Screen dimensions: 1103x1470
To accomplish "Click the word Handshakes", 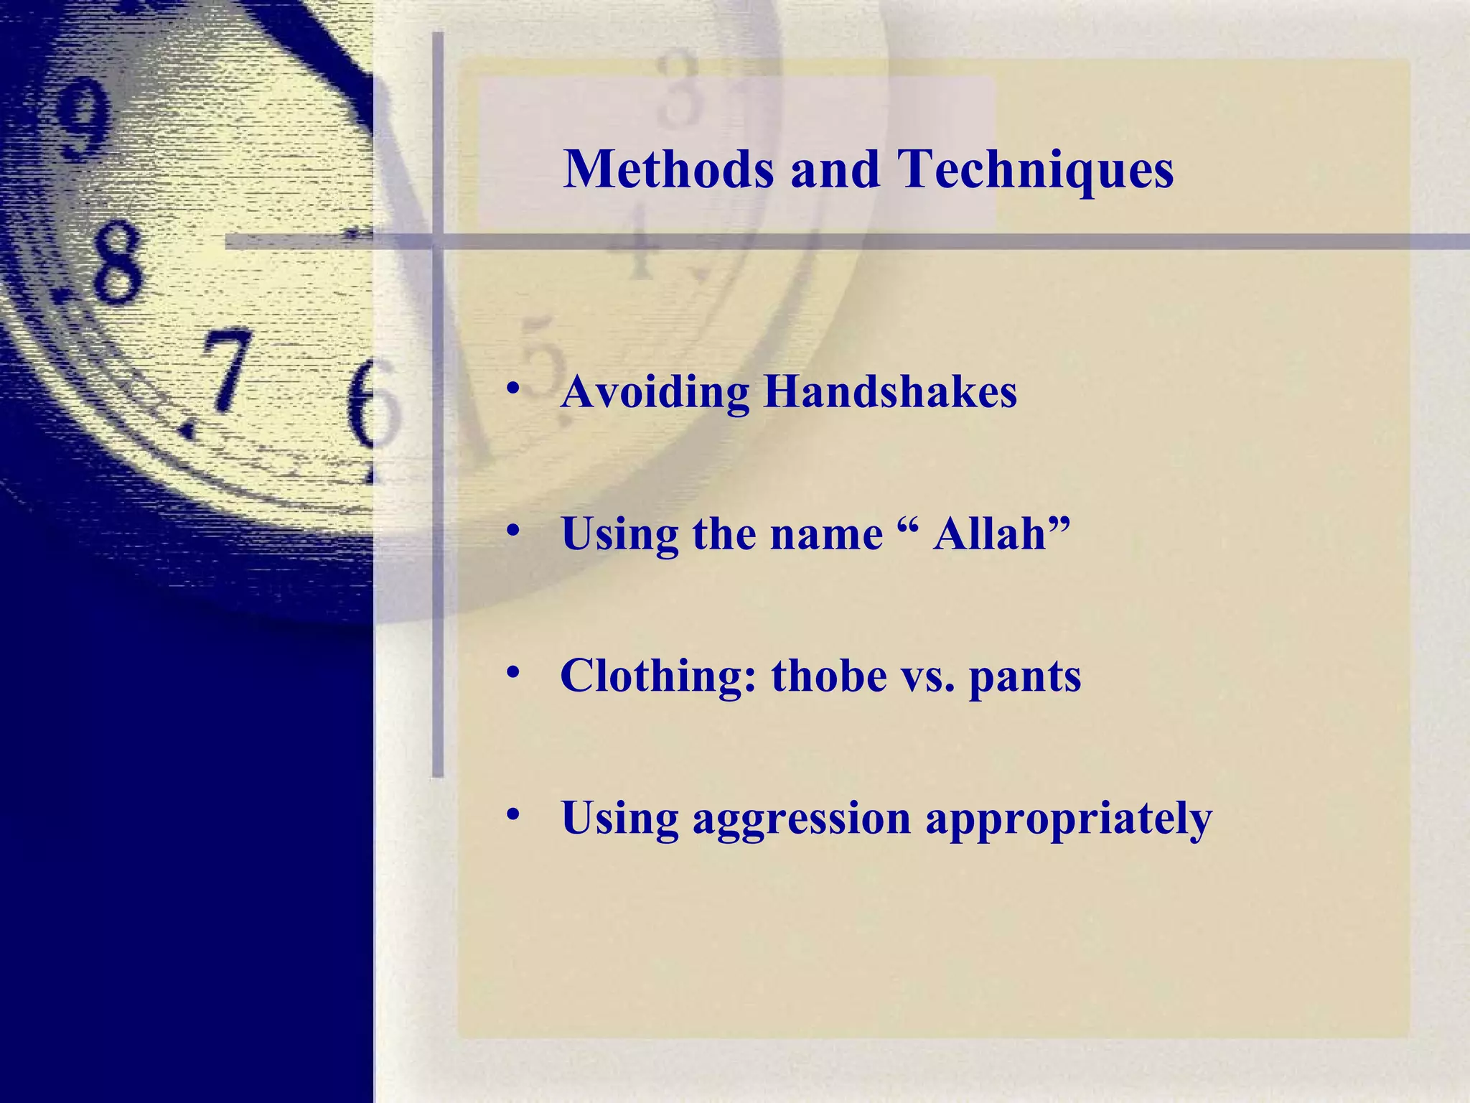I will click(890, 393).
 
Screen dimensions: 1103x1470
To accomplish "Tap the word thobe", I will click(829, 676).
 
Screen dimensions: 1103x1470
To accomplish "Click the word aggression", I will click(801, 819).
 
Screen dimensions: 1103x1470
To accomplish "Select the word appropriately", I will click(1068, 819).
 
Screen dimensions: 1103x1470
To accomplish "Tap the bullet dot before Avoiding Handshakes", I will click(512, 389).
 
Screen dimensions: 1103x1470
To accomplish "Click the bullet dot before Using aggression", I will click(512, 815).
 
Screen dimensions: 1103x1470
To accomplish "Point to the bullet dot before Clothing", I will click(512, 673).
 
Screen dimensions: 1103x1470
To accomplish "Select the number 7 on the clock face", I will click(224, 370).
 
